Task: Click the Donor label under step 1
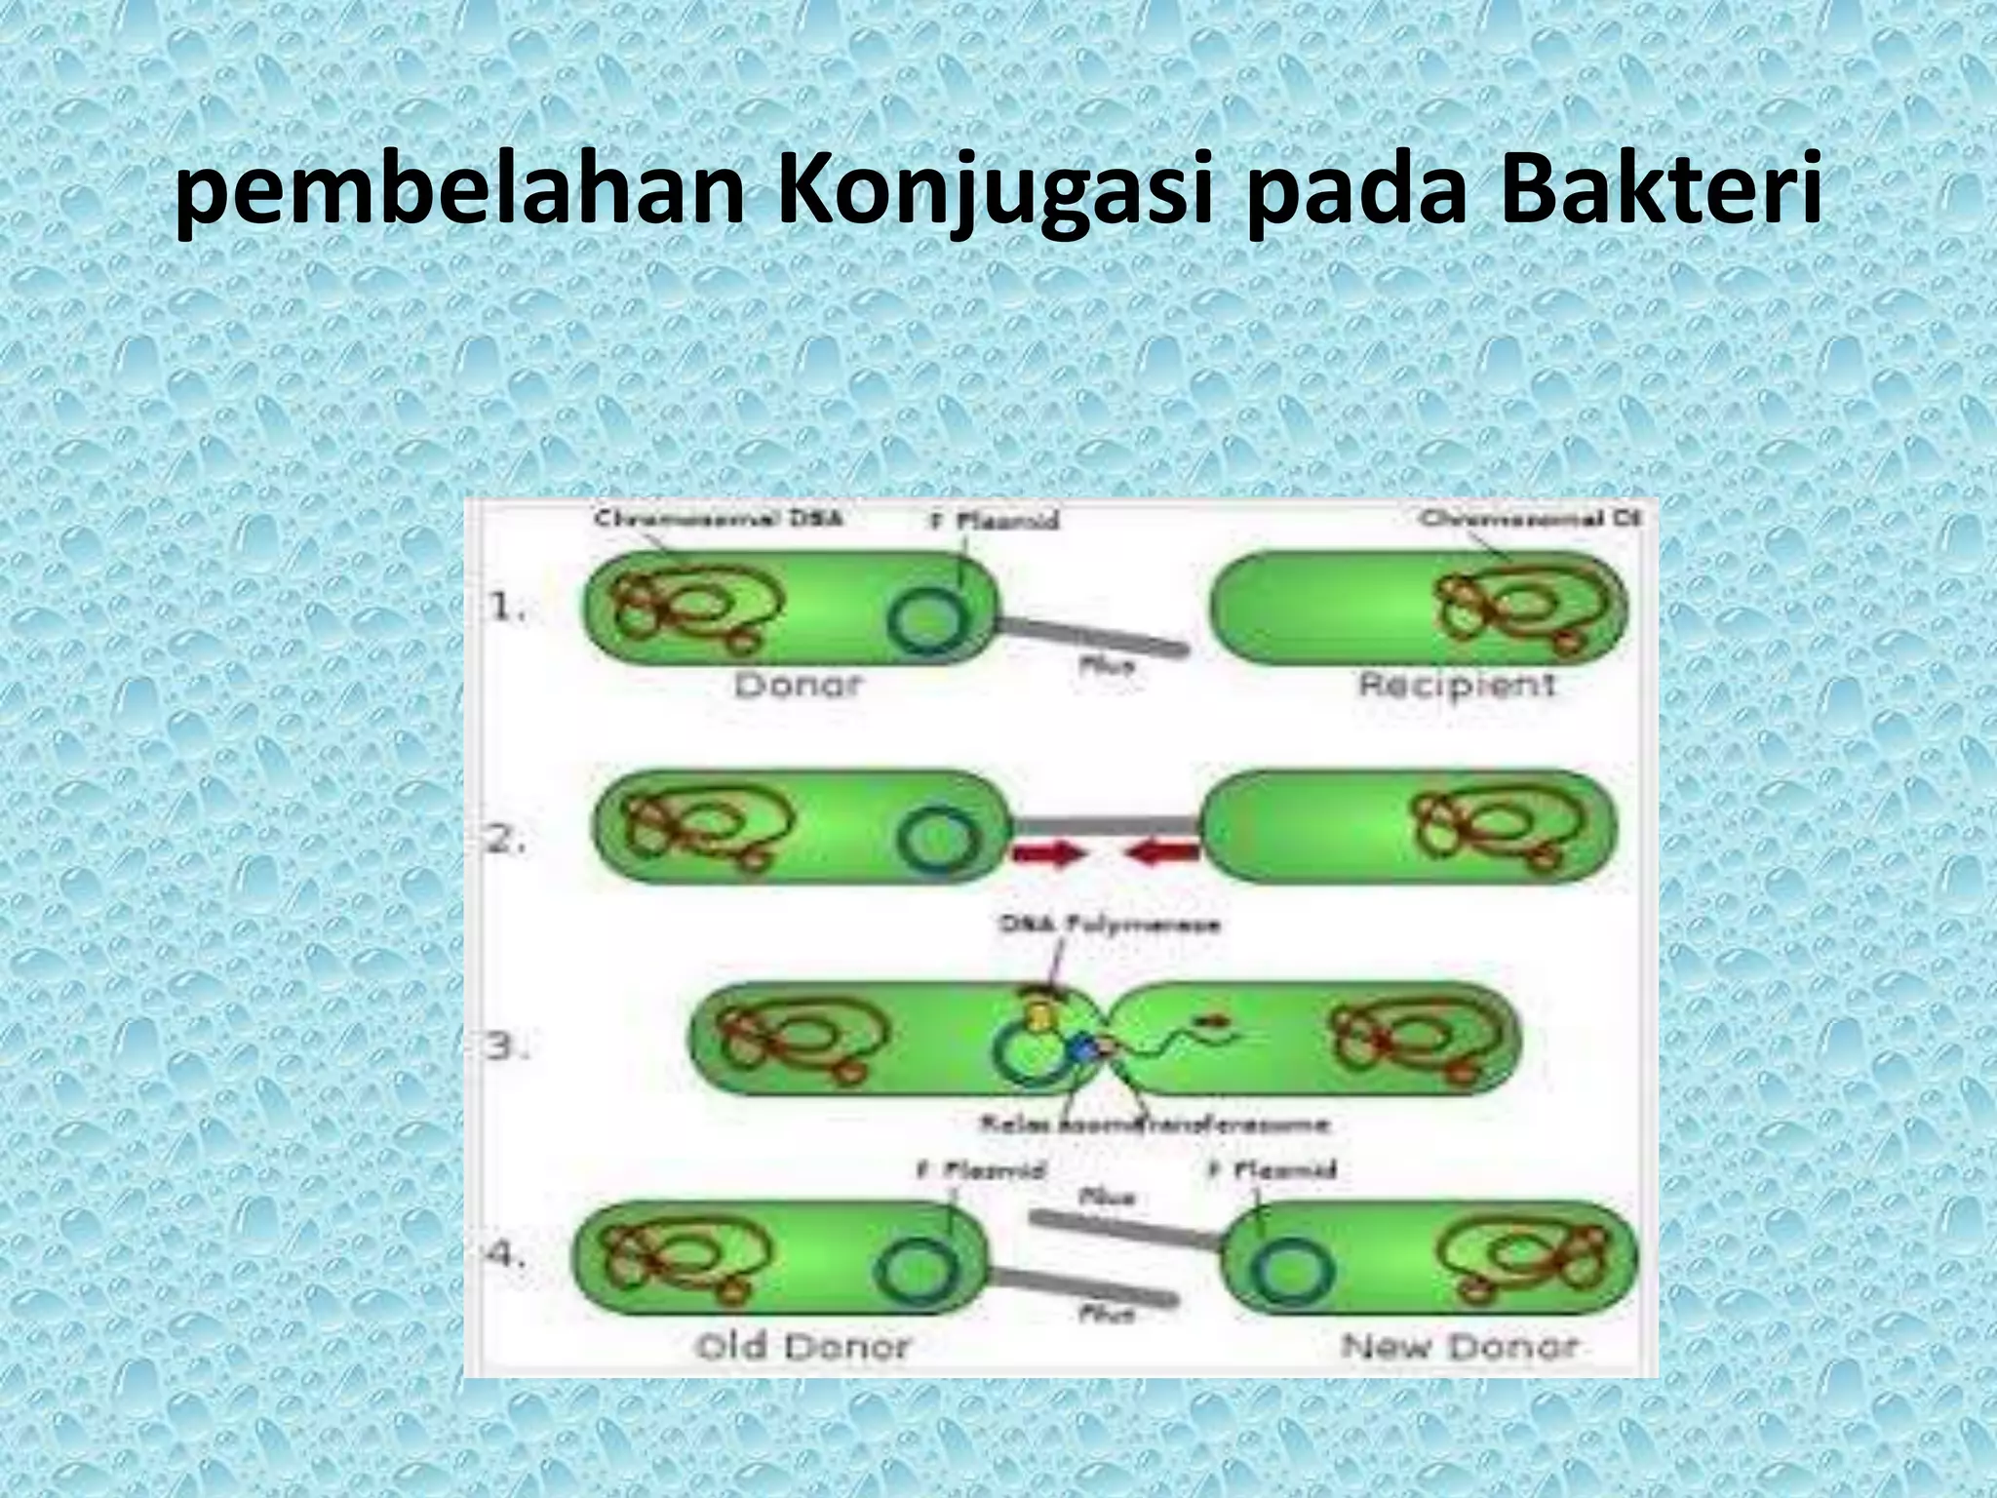coord(798,686)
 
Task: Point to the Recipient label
coord(1457,686)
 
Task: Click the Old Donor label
coord(802,1347)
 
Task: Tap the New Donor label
coord(1459,1347)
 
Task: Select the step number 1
coord(507,609)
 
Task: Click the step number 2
coord(507,840)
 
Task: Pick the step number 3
coord(507,1048)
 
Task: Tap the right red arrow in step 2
coord(1162,854)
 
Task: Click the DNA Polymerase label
coord(1109,925)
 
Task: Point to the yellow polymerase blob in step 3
coord(1040,1015)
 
